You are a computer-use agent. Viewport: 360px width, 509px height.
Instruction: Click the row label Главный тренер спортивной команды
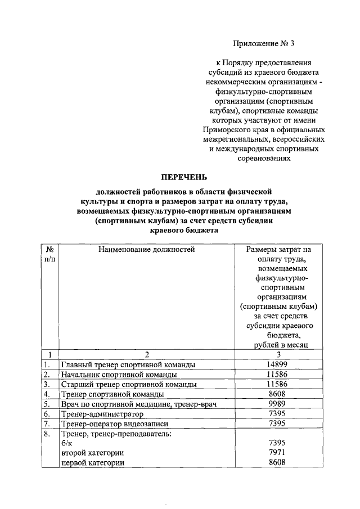pyautogui.click(x=128, y=365)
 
